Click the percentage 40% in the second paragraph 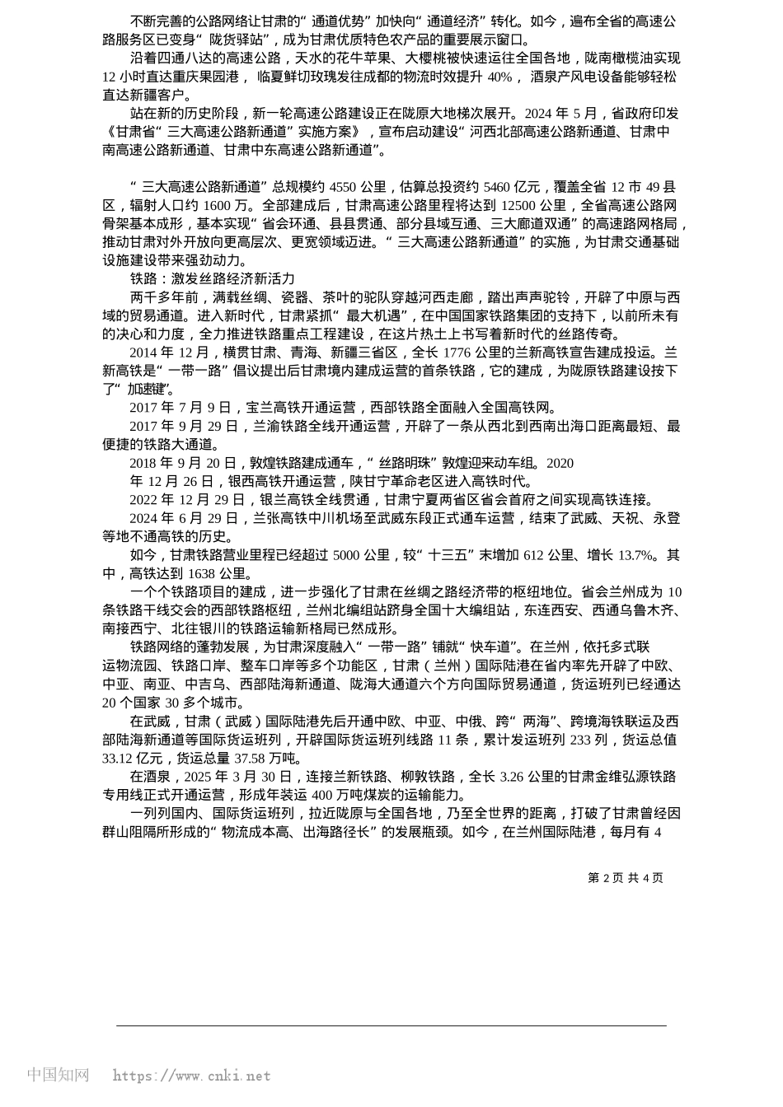[499, 77]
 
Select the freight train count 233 [581, 740]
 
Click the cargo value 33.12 [120, 759]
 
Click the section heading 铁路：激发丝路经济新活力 [212, 278]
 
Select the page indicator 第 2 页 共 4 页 [625, 878]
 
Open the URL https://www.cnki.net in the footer [191, 1076]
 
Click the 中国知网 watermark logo [59, 1075]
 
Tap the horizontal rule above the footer [391, 1026]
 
